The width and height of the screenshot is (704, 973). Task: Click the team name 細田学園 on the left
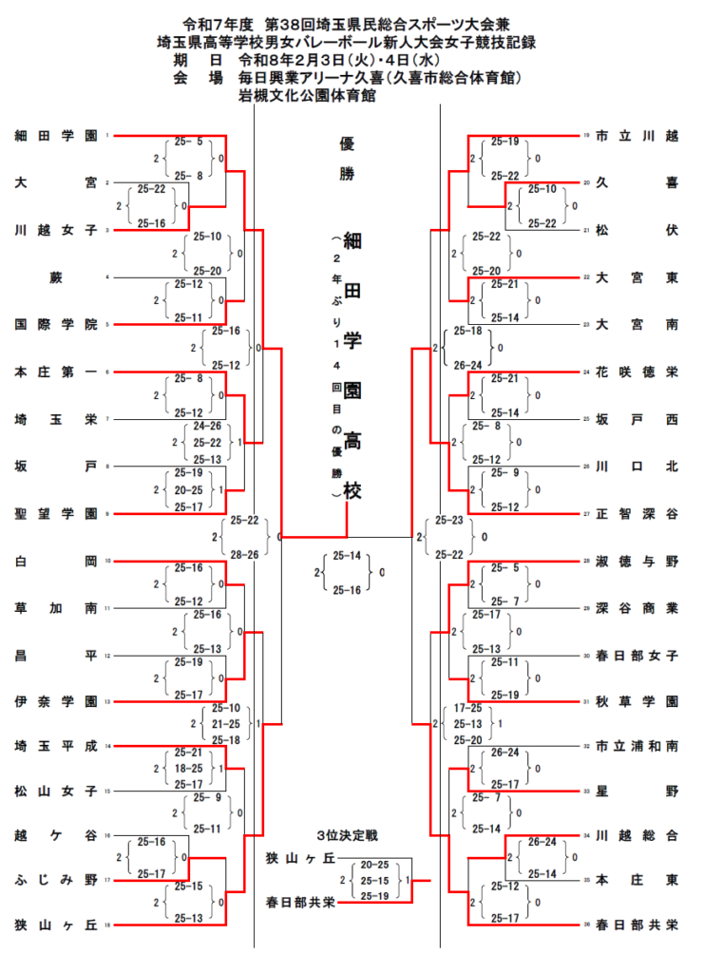pyautogui.click(x=56, y=136)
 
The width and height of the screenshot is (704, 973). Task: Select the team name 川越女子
pyautogui.click(x=56, y=230)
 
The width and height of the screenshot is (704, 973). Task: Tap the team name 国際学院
pyautogui.click(x=56, y=325)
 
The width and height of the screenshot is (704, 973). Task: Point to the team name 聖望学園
pyautogui.click(x=56, y=514)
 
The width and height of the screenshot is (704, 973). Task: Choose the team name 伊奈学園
pyautogui.click(x=56, y=702)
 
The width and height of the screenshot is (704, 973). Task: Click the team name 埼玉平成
pyautogui.click(x=56, y=747)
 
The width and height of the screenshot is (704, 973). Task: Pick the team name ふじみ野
pyautogui.click(x=56, y=880)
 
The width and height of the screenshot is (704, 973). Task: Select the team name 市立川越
pyautogui.click(x=637, y=136)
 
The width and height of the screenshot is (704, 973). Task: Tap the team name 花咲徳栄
pyautogui.click(x=637, y=372)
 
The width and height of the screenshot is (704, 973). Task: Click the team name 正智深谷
pyautogui.click(x=637, y=514)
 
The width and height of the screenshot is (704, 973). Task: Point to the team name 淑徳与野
pyautogui.click(x=637, y=562)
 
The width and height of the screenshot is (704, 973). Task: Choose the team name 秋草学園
pyautogui.click(x=637, y=702)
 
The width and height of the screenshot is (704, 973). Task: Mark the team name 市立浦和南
pyautogui.click(x=637, y=747)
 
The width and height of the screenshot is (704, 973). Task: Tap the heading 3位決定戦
pyautogui.click(x=348, y=836)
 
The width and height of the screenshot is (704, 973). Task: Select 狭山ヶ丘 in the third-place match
pyautogui.click(x=302, y=859)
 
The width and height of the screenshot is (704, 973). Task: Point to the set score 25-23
pyautogui.click(x=448, y=521)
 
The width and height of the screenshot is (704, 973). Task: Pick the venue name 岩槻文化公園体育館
pyautogui.click(x=307, y=95)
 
